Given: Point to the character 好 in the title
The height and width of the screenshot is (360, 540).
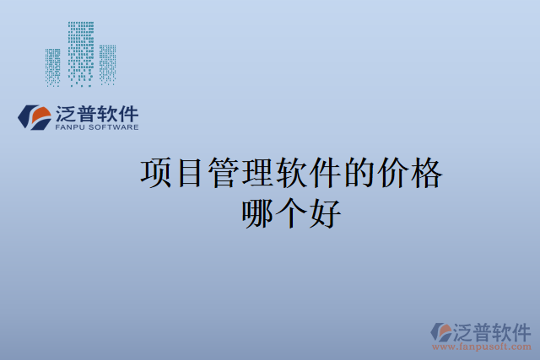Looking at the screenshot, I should (325, 213).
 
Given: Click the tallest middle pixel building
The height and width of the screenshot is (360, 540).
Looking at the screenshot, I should (81, 52).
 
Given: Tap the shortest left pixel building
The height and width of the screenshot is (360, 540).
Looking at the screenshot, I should (53, 67).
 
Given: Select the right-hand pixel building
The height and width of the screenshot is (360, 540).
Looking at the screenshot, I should (107, 63).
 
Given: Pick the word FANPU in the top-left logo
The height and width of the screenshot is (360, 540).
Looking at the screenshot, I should (70, 128).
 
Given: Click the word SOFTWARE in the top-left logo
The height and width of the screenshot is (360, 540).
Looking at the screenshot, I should (114, 128).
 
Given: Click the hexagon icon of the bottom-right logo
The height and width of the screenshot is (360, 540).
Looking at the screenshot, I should (441, 331).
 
